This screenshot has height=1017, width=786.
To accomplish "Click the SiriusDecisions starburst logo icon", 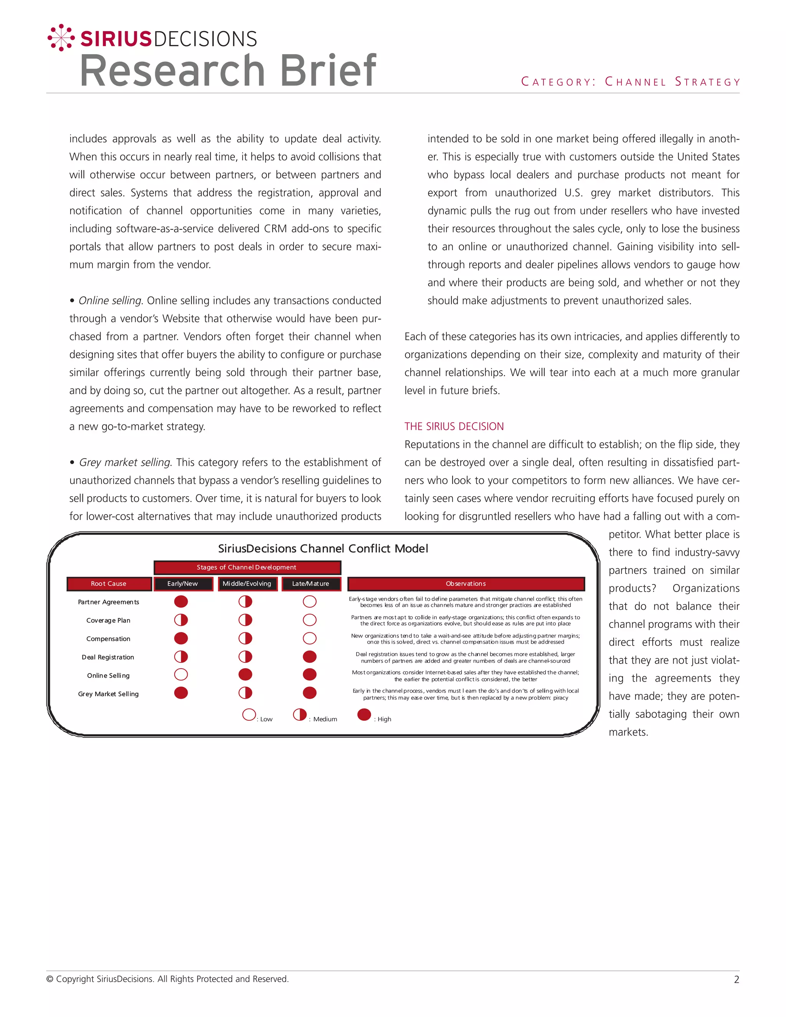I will pyautogui.click(x=61, y=37).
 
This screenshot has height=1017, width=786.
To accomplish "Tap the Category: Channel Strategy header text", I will pyautogui.click(x=631, y=82).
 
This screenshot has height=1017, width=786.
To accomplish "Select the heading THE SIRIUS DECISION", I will pyautogui.click(x=454, y=426).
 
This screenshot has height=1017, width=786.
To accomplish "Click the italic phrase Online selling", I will pyautogui.click(x=110, y=301).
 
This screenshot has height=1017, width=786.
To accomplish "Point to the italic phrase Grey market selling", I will pyautogui.click(x=125, y=462).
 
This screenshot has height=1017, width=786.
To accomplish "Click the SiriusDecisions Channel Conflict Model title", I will pyautogui.click(x=323, y=548).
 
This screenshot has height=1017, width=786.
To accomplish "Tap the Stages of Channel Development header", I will pyautogui.click(x=246, y=567).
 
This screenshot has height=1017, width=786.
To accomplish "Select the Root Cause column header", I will pyautogui.click(x=109, y=583).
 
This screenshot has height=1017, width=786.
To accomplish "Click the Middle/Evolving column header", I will pyautogui.click(x=247, y=583).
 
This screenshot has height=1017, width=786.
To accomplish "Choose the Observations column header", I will pyautogui.click(x=466, y=583).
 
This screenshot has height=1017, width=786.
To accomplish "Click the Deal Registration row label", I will pyautogui.click(x=108, y=657).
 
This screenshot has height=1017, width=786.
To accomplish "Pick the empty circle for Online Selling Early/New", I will pyautogui.click(x=181, y=675).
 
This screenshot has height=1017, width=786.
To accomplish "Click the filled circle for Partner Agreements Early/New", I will pyautogui.click(x=181, y=602).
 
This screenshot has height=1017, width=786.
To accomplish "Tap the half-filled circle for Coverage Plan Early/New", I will pyautogui.click(x=181, y=620).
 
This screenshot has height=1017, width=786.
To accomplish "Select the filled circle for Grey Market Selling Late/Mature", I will pyautogui.click(x=310, y=693).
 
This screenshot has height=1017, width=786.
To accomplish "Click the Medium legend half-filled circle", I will pyautogui.click(x=300, y=714).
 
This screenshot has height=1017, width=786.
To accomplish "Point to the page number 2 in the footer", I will pyautogui.click(x=736, y=980).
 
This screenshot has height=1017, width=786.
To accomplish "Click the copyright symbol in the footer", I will pyautogui.click(x=50, y=979).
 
